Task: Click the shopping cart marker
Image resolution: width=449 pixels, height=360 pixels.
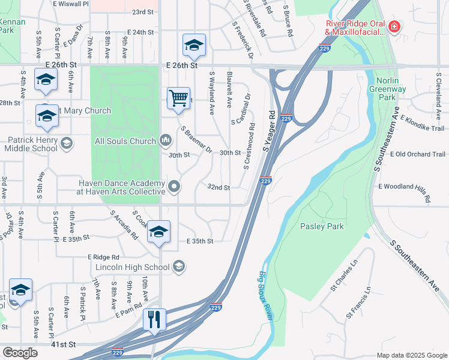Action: (178, 97)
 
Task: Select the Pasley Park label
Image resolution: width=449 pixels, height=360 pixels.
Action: (322, 226)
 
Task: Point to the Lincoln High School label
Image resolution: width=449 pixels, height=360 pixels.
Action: (132, 266)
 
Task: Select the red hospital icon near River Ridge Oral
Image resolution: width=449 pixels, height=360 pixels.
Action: (394, 26)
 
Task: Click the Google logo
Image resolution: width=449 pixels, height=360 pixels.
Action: (20, 352)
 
